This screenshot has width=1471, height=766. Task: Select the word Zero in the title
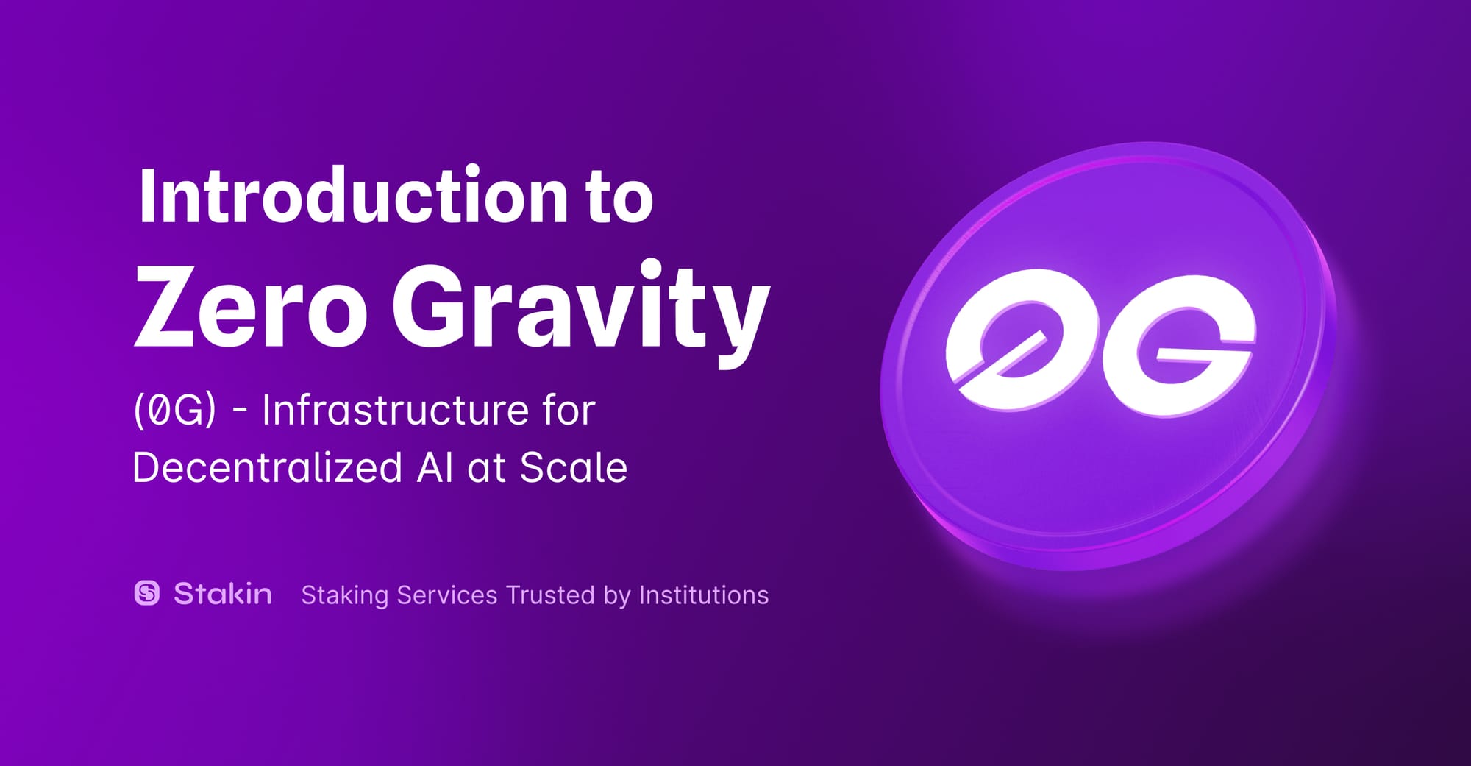coord(251,306)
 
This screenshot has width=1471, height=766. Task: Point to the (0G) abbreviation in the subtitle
coord(175,409)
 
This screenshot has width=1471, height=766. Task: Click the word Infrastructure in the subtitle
coord(395,409)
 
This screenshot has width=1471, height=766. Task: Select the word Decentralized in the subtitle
coord(268,467)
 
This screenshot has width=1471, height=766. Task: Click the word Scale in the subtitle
coord(574,467)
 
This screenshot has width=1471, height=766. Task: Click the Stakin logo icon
coord(147,592)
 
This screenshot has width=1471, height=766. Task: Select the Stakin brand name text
coord(223,593)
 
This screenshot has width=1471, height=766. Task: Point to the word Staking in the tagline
coord(344,595)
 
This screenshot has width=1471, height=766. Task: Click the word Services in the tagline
coord(447,595)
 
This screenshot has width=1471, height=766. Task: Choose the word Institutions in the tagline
coord(704,595)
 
